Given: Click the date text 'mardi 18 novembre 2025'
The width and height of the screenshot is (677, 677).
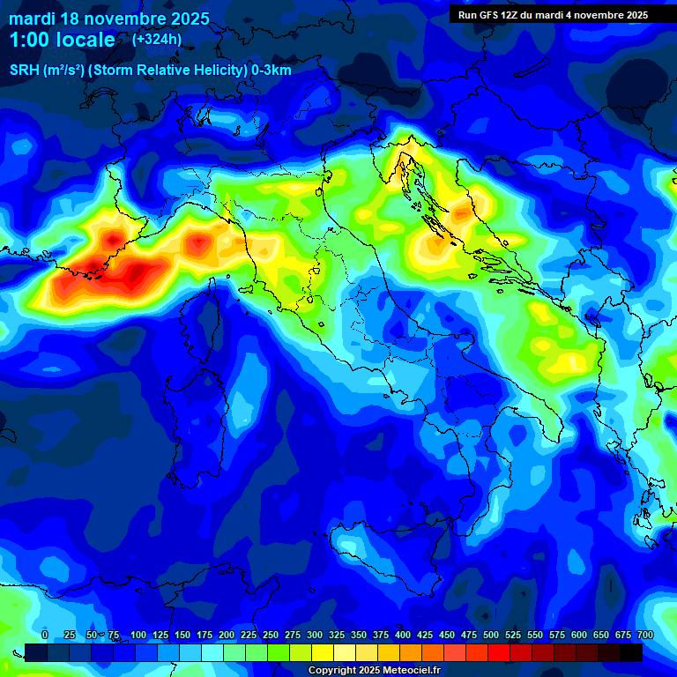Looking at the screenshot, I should point(109,19).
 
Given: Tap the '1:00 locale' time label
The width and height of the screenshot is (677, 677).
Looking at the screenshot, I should point(62,40).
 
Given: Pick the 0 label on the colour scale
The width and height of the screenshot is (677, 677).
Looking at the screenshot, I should point(45,635).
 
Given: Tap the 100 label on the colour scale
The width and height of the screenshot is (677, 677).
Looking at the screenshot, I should point(138,635).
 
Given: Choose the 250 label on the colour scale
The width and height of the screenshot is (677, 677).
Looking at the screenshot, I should point(271,635).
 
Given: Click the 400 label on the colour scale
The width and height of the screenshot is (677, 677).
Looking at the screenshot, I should point(403,635).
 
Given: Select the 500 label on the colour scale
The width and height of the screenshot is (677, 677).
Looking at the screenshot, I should point(491,635).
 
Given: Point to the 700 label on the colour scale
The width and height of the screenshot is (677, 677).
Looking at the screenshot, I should point(645,635).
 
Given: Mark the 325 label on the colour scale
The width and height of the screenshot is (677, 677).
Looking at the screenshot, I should point(337,635).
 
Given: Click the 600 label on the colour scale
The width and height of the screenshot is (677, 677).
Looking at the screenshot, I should point(579,635).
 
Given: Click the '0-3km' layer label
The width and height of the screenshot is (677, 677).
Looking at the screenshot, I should point(272,71).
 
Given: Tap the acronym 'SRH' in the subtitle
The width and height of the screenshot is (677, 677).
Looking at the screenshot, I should point(25,71).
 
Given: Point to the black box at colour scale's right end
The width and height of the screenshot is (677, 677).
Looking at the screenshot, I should point(630,652).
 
